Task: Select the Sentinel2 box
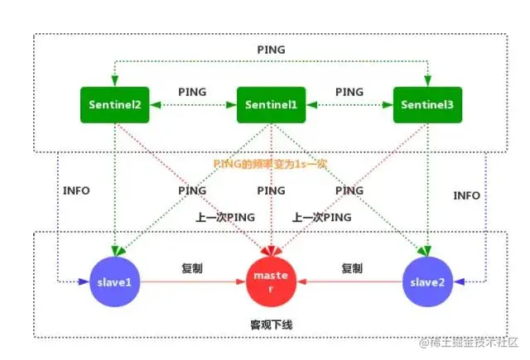pos(116,105)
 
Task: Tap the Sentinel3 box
pos(425,105)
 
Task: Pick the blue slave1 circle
pos(115,281)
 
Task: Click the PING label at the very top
pos(270,50)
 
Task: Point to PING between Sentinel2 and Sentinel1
pos(193,91)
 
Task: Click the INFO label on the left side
pos(76,190)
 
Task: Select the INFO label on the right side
pos(466,195)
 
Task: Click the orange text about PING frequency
pos(271,164)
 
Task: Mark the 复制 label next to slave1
pos(192,268)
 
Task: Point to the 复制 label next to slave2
pos(351,268)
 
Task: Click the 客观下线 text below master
pos(271,324)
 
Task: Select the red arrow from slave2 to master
pos(351,281)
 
